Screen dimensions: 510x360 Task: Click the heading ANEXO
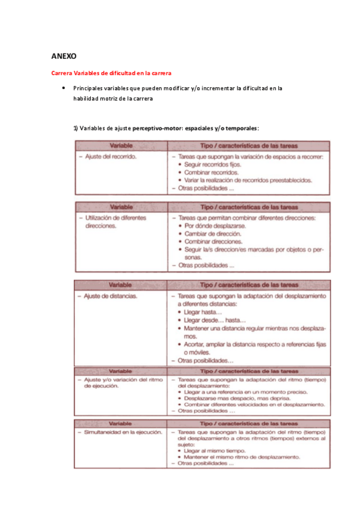point(64,56)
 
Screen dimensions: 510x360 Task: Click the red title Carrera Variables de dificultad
point(111,73)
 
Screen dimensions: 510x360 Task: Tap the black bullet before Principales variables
point(63,88)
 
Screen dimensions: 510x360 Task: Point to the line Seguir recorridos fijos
point(215,164)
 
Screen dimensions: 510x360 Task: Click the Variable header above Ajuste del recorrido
point(121,146)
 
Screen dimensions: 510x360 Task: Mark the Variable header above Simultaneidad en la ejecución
point(121,423)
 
